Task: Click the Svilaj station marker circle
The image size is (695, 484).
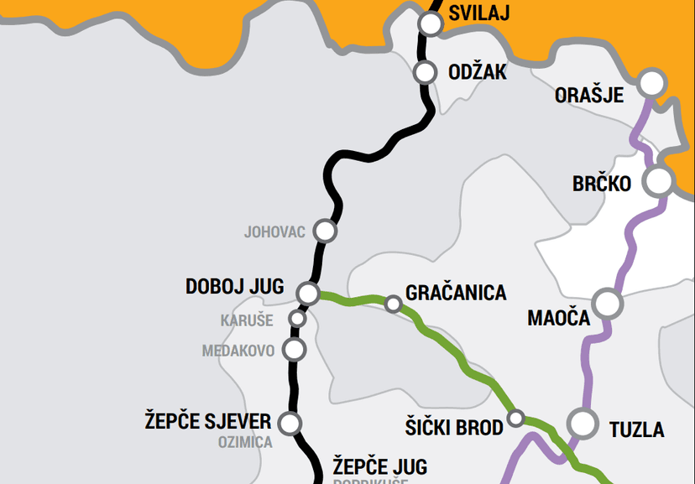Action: point(431,23)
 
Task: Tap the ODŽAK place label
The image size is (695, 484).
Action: point(478,73)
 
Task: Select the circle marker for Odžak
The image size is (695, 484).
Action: point(426,72)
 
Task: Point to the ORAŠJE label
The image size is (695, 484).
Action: point(589,96)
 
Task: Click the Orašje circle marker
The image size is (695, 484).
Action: point(651,83)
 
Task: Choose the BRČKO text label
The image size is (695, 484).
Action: point(602,184)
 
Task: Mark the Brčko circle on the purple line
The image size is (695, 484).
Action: point(659,180)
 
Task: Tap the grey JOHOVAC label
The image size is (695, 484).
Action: point(274,232)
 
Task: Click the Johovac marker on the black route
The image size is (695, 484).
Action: point(325,230)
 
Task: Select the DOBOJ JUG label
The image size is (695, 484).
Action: point(236,287)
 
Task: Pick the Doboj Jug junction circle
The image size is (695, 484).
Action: point(308,293)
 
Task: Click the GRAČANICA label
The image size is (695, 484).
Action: point(456,293)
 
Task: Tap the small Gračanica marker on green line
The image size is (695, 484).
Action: point(393,303)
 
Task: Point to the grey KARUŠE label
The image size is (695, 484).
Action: point(247,320)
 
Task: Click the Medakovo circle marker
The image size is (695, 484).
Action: point(295,349)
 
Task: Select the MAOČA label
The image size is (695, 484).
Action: point(559,318)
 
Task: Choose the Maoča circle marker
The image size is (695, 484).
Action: point(608,304)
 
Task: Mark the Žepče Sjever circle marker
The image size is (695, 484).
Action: point(290,424)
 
